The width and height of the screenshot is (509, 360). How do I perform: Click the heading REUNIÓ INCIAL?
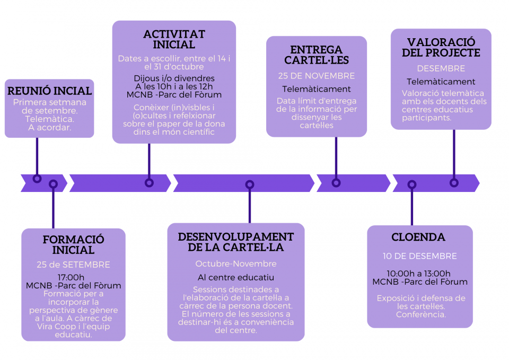click(x=49, y=91)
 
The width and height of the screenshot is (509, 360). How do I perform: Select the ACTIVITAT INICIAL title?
click(x=174, y=40)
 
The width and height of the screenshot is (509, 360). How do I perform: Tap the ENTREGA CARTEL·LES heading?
click(x=317, y=56)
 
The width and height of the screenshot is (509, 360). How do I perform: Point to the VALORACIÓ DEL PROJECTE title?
click(x=441, y=48)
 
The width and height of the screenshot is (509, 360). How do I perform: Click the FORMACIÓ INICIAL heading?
click(x=74, y=245)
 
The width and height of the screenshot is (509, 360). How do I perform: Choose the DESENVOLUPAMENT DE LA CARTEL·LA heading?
click(x=235, y=242)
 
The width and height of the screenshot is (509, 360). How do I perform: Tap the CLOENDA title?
click(x=418, y=237)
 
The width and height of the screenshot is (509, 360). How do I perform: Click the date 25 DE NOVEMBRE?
click(x=317, y=76)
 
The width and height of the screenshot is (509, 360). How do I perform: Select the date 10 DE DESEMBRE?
click(x=419, y=256)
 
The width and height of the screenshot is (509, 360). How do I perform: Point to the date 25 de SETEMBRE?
click(x=73, y=265)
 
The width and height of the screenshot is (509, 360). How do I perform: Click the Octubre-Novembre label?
click(x=235, y=264)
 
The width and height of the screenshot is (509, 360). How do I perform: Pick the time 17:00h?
click(x=71, y=277)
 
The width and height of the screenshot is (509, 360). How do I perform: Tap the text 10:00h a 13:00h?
click(x=419, y=273)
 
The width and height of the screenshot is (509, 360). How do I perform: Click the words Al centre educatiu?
click(x=235, y=277)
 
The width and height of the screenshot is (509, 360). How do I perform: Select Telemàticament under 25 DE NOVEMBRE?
click(x=317, y=89)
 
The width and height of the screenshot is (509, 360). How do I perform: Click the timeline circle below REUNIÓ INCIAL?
click(x=37, y=179)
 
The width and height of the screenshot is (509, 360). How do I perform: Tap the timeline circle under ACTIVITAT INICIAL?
click(x=149, y=182)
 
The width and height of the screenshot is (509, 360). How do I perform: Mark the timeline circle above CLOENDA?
click(x=412, y=185)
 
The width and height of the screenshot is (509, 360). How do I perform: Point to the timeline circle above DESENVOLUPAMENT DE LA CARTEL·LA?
click(x=250, y=185)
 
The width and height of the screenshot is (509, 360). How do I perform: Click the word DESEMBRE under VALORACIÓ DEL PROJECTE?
click(x=441, y=68)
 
